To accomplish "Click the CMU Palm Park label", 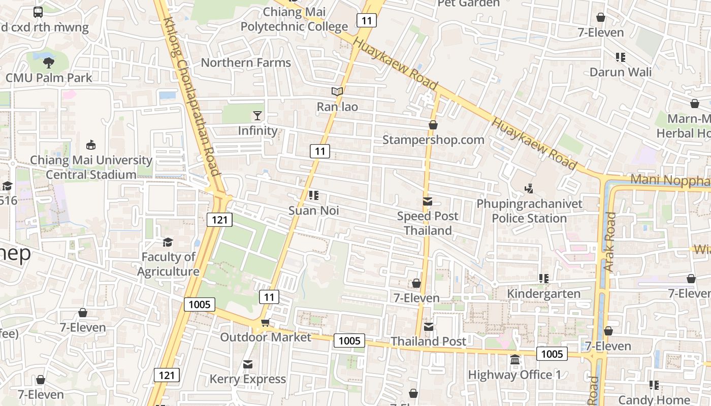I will click(49, 78).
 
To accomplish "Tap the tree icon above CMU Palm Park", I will click(49, 63).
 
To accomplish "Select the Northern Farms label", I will click(246, 62).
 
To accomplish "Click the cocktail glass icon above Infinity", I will click(257, 116).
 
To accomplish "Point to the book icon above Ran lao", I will click(337, 92).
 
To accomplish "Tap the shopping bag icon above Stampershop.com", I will click(433, 125).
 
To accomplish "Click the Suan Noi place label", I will click(313, 210).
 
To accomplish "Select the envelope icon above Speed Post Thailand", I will click(428, 201).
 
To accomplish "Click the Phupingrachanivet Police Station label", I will click(529, 211).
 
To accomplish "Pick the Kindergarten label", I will click(543, 294).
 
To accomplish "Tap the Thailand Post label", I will click(428, 342).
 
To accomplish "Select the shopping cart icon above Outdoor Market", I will click(265, 323).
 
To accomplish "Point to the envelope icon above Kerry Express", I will click(248, 364).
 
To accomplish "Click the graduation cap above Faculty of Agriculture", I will click(168, 242).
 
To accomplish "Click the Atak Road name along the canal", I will click(609, 241).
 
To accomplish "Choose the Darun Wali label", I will click(620, 72).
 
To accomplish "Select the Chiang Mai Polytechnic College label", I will click(294, 19).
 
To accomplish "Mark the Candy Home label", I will click(654, 400).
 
